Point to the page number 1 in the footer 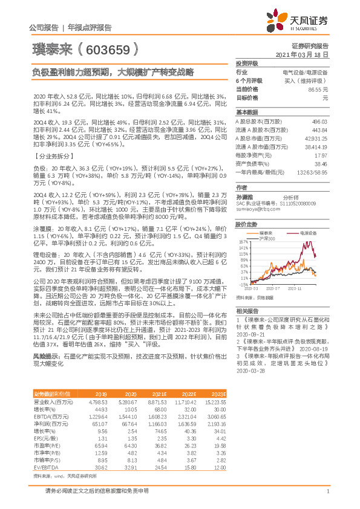pos(327,490)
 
